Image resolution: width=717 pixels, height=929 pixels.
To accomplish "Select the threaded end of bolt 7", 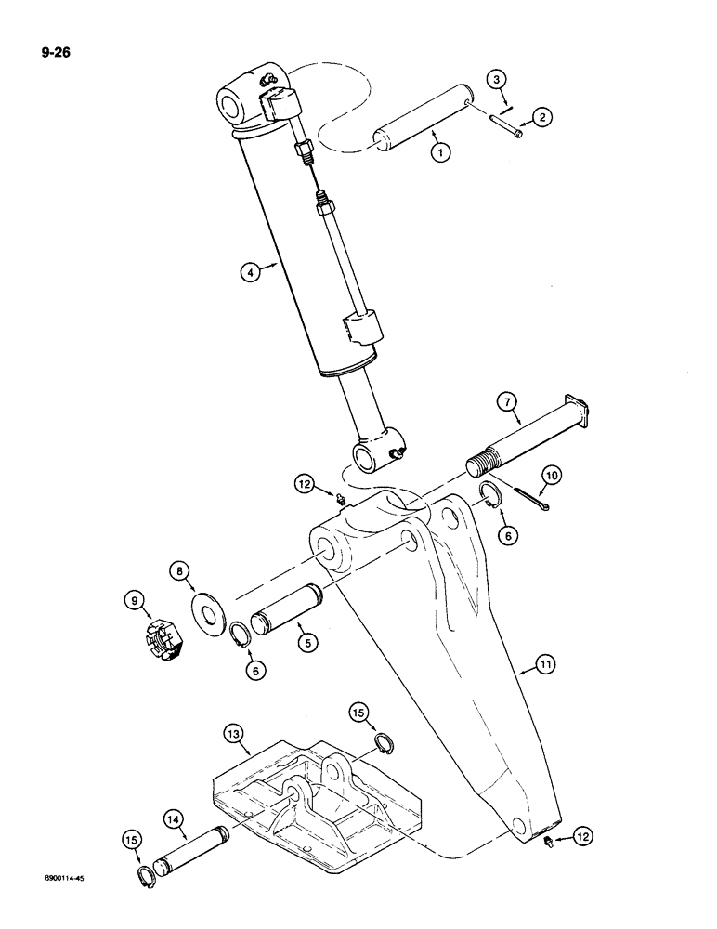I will point(480,462).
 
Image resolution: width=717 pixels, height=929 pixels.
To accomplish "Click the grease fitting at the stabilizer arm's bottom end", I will point(549,843).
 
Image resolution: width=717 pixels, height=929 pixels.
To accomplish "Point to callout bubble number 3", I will point(499,82).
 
